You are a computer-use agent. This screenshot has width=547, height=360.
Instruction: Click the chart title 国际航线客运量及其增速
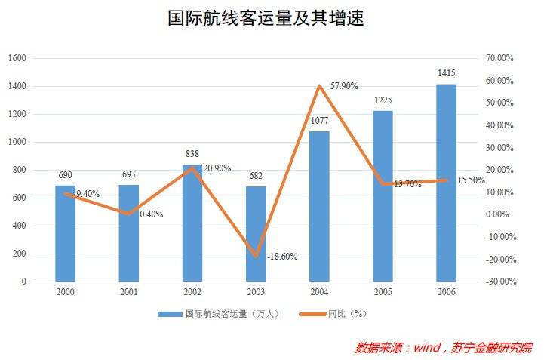coord(266,19)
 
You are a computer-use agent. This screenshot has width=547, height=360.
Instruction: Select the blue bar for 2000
coord(66,234)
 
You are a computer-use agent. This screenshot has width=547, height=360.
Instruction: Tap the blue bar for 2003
coord(256,234)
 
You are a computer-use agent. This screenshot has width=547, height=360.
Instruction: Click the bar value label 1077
coord(320,121)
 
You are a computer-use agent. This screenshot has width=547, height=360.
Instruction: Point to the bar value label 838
coord(192,154)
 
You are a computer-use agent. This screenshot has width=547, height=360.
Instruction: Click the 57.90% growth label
coord(345,86)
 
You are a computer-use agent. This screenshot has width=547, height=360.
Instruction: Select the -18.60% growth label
coord(282,257)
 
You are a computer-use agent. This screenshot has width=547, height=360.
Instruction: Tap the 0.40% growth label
coord(151,214)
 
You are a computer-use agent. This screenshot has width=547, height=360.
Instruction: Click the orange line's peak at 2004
coord(320,85)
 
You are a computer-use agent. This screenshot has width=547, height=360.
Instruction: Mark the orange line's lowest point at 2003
coord(256,256)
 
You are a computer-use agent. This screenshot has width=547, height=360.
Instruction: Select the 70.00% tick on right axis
coord(499,58)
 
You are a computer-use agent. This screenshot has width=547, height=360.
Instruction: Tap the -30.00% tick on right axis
coord(499,282)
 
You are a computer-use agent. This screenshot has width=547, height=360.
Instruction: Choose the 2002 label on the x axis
coord(192,292)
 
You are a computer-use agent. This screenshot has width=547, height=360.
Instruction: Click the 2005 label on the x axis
coord(383,292)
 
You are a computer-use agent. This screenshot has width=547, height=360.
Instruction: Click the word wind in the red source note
coord(426,348)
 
